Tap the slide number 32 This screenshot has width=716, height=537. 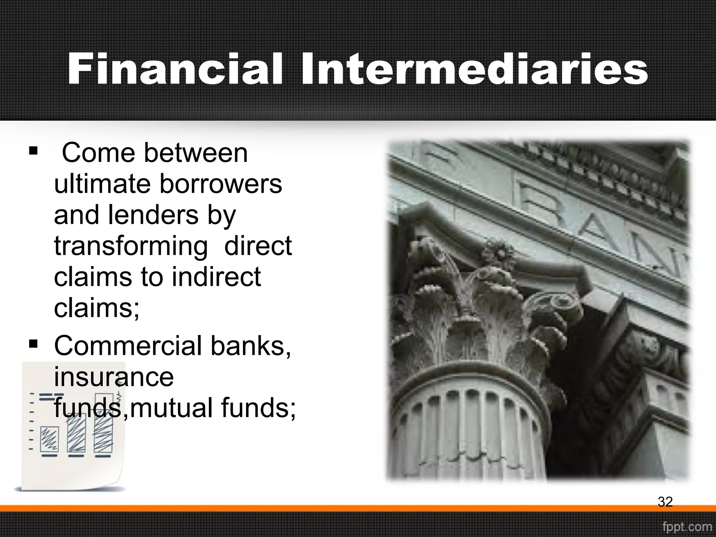[665, 502]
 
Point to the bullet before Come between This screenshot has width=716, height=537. [33, 151]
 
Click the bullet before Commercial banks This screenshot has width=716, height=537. [33, 344]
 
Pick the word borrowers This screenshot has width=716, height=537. [221, 184]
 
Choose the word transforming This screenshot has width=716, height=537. [131, 246]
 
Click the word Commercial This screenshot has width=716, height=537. [128, 346]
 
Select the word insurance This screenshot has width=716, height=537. [114, 377]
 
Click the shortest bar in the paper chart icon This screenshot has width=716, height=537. [49, 439]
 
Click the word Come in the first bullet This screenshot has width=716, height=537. [98, 153]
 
